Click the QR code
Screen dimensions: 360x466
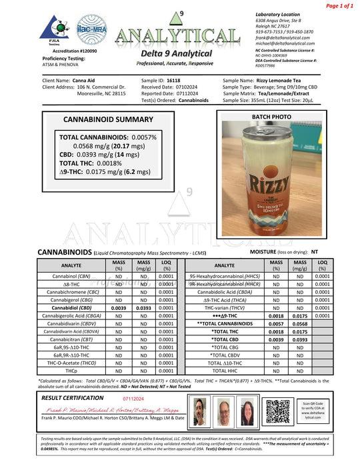[x=281, y=408]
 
